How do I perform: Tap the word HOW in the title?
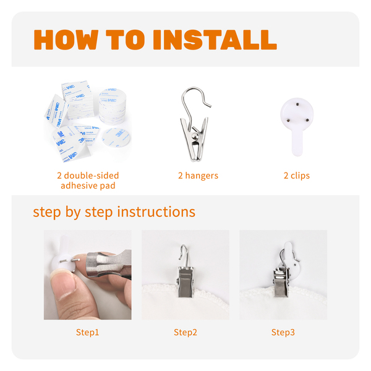[x=66, y=40]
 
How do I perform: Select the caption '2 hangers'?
[x=198, y=176]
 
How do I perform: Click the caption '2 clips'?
[x=296, y=176]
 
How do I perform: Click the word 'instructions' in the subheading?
[x=156, y=211]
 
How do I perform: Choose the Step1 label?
[x=87, y=332]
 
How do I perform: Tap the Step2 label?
[x=185, y=332]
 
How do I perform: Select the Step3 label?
[x=283, y=332]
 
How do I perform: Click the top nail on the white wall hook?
[x=297, y=104]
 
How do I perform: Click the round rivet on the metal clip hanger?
[x=195, y=136]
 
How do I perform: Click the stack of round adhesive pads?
[x=112, y=106]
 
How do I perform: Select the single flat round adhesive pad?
[x=116, y=137]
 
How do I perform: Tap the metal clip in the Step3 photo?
[x=281, y=283]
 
